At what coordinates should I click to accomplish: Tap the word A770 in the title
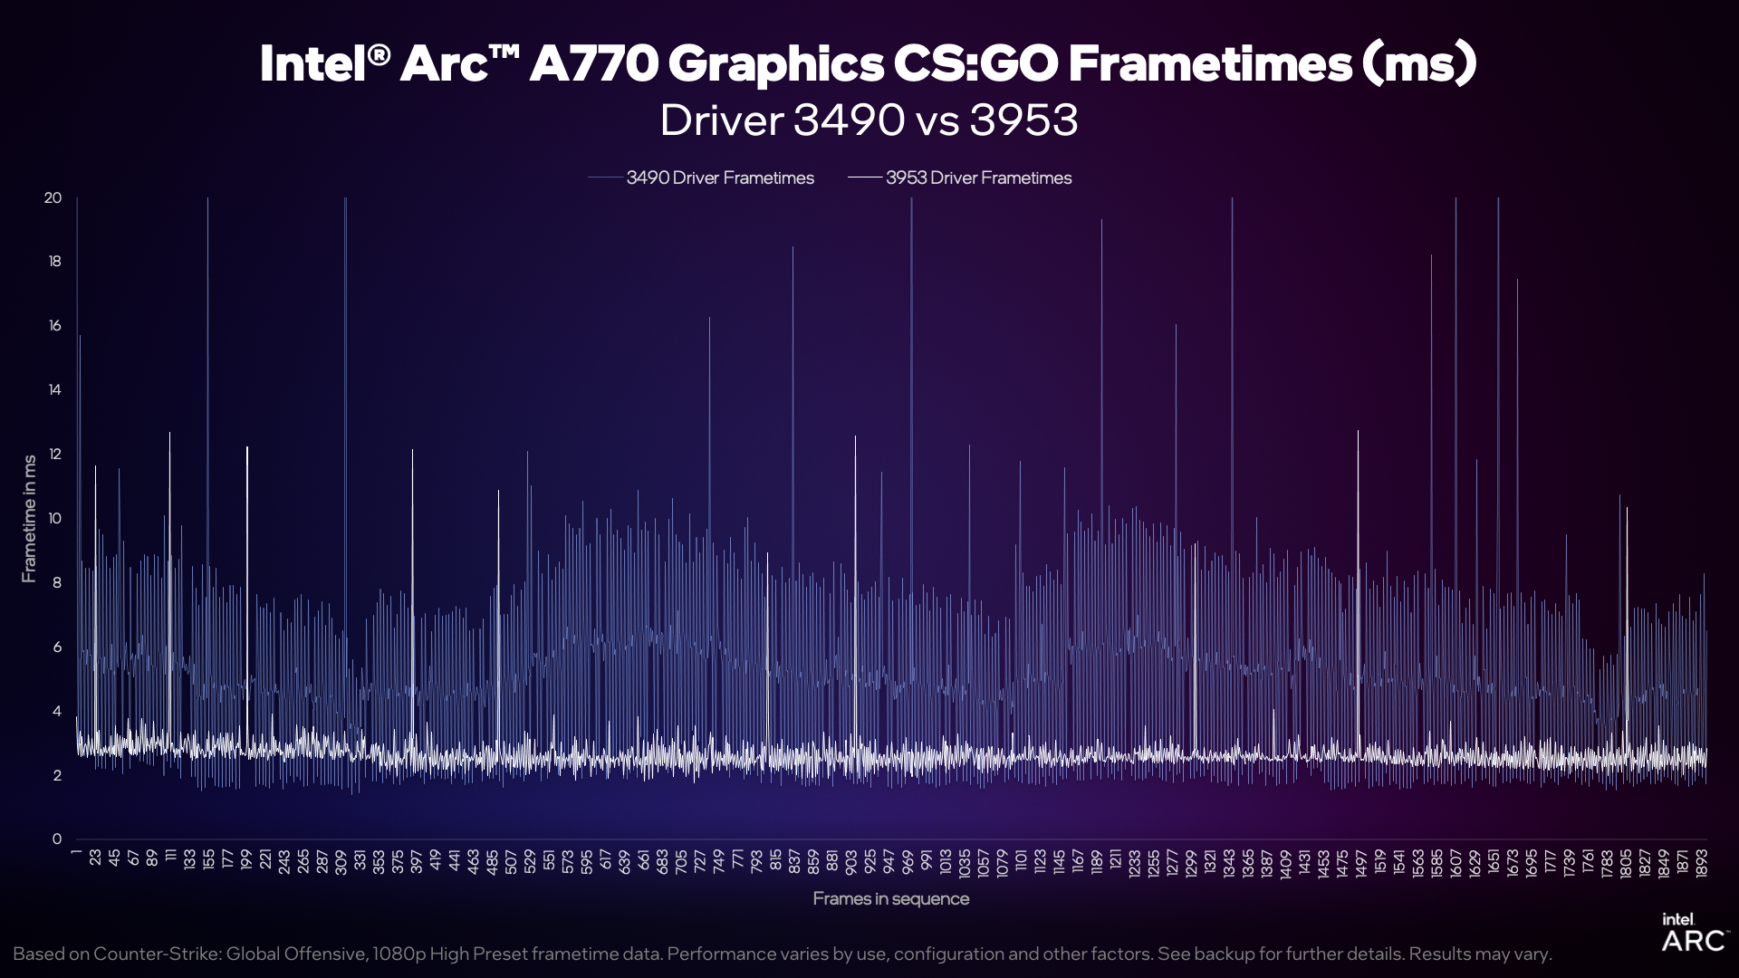[x=592, y=64]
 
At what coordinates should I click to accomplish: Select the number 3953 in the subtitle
[x=1023, y=120]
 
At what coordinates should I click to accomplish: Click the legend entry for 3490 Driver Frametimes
[x=719, y=178]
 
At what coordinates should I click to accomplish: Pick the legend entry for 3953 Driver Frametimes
[x=978, y=178]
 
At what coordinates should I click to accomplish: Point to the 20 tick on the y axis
[x=53, y=198]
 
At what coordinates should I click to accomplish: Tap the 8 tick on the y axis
[x=56, y=583]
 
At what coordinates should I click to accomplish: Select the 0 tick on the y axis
[x=56, y=839]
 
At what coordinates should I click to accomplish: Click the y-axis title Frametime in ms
[x=30, y=519]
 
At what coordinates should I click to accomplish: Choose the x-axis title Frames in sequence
[x=890, y=899]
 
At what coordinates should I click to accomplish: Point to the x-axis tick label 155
[x=208, y=858]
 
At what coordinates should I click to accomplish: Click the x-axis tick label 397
[x=416, y=859]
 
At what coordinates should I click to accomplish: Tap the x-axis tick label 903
[x=851, y=859]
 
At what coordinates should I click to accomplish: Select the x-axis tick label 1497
[x=1360, y=861]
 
